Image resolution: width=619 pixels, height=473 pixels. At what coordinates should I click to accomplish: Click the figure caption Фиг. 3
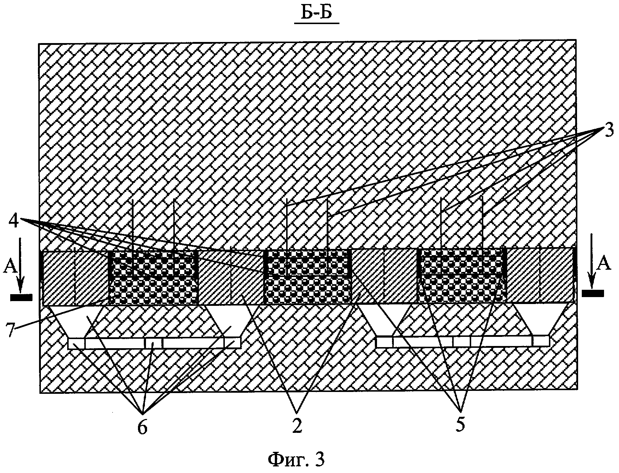click(x=296, y=459)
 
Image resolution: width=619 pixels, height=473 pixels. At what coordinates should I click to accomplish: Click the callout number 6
click(x=142, y=428)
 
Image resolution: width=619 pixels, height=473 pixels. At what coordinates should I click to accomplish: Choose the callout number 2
click(x=298, y=426)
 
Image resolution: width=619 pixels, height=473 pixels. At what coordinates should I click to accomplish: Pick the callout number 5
click(x=461, y=425)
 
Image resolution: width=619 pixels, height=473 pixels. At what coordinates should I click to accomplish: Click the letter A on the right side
click(x=604, y=264)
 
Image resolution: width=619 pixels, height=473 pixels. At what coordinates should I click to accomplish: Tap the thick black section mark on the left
click(x=22, y=297)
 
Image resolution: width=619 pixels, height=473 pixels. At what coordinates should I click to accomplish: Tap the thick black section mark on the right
click(x=593, y=293)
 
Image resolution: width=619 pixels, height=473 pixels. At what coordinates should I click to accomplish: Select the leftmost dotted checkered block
click(x=154, y=278)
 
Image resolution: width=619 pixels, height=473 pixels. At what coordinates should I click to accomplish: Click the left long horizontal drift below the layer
click(x=154, y=343)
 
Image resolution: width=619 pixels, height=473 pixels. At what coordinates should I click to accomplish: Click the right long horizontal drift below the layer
click(x=462, y=341)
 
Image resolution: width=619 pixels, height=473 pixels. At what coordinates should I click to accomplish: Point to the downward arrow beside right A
click(x=592, y=259)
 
